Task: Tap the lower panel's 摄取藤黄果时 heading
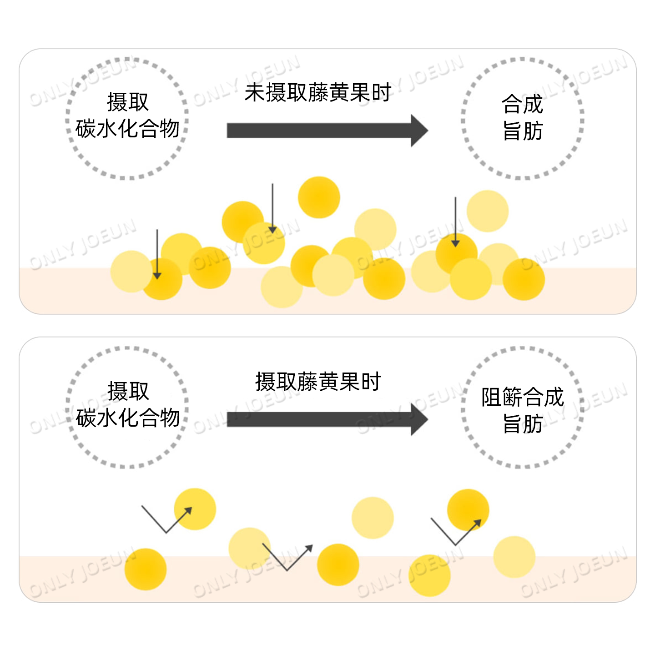[317, 382]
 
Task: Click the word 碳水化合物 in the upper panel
[127, 129]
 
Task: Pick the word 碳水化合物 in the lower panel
[127, 418]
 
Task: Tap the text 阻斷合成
[523, 397]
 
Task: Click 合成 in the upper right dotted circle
[523, 105]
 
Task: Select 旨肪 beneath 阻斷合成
[523, 424]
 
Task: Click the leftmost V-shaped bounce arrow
[166, 521]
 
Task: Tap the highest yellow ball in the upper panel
[319, 197]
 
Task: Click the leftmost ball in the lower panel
[146, 569]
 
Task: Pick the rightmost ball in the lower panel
[514, 557]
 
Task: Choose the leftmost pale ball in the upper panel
[131, 272]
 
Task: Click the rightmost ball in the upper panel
[524, 279]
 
